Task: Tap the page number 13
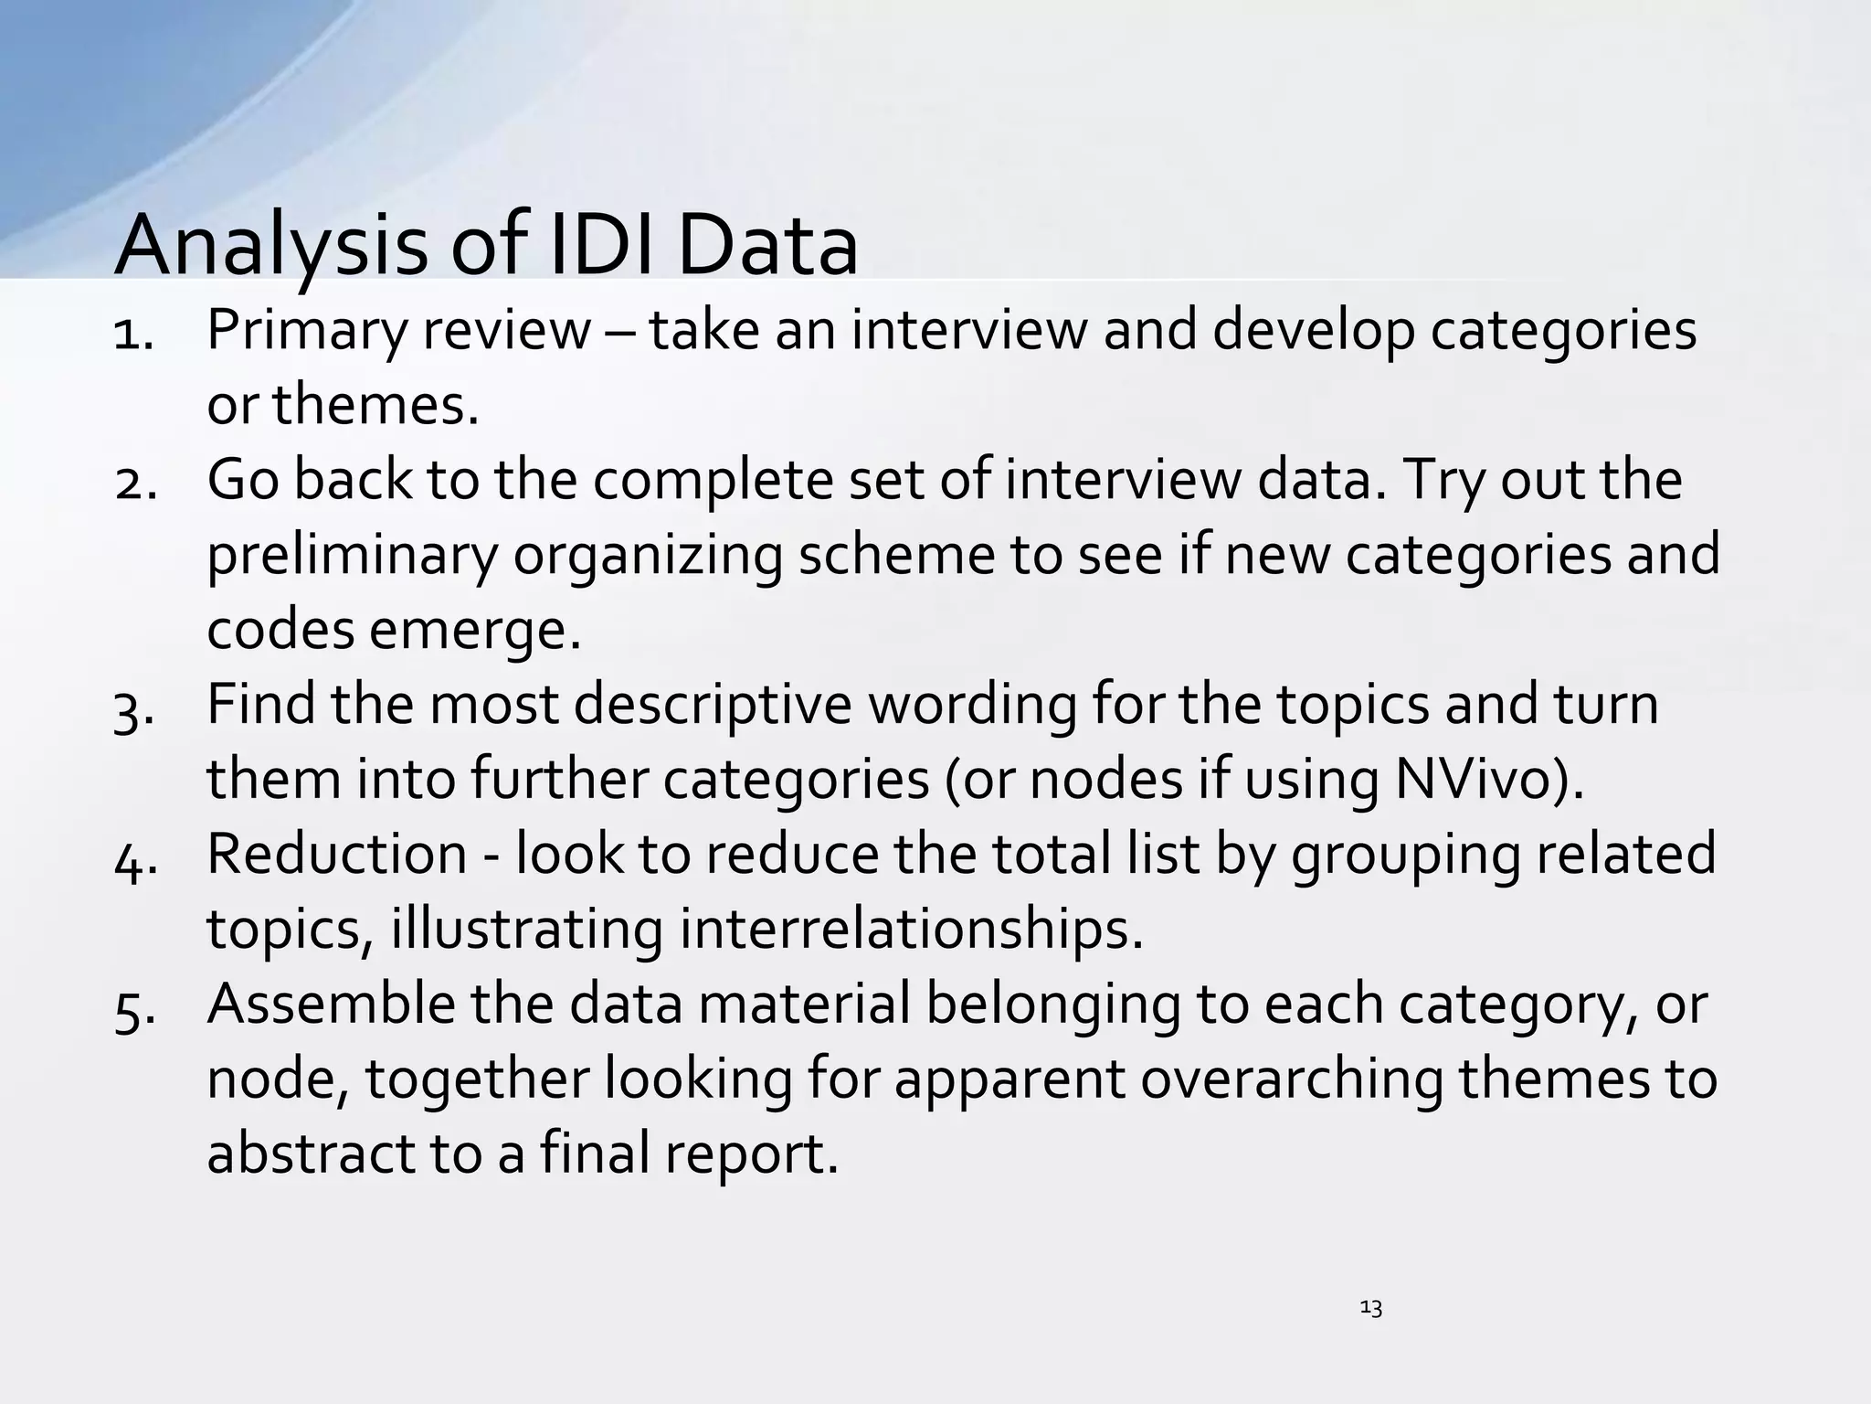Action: tap(1370, 1308)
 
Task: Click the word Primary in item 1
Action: tap(305, 331)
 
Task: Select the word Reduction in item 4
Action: tap(337, 854)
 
